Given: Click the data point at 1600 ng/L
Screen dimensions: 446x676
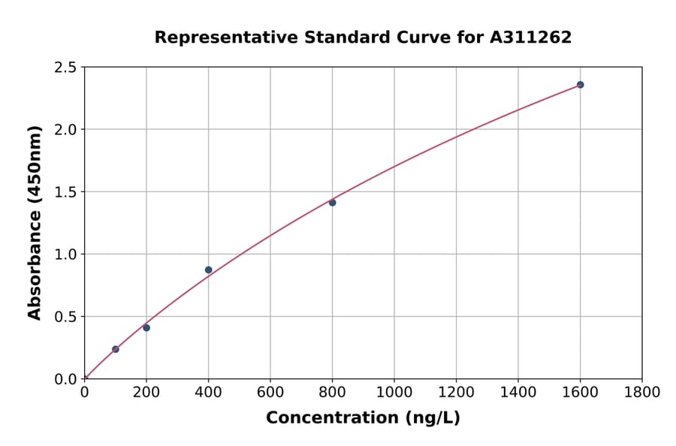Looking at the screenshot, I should [x=580, y=85].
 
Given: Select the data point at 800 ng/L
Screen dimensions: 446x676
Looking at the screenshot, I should [x=332, y=203].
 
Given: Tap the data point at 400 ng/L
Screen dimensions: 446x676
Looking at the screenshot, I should [x=208, y=270].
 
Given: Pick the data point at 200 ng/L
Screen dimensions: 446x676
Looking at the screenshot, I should [x=146, y=328].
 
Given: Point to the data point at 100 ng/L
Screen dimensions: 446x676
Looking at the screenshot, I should [x=116, y=349].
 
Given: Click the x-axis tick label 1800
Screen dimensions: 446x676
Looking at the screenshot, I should [x=642, y=392].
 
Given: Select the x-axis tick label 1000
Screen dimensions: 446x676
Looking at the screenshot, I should [x=394, y=392].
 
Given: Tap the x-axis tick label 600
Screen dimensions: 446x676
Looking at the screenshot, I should [x=270, y=392].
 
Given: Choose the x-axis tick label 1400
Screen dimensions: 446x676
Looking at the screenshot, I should [x=518, y=392].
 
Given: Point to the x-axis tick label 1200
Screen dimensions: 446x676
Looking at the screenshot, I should [x=456, y=392].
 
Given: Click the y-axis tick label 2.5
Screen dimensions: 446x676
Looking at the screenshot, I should [x=66, y=68].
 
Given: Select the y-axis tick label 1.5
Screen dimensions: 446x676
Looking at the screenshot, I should [x=66, y=192].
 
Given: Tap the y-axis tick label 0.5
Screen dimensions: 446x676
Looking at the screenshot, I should [x=66, y=317].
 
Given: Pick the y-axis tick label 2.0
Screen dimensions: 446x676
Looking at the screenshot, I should [x=66, y=130].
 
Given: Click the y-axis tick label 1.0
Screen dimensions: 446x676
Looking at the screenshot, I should [x=66, y=255].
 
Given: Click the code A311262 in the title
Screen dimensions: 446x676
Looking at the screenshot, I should [x=530, y=38].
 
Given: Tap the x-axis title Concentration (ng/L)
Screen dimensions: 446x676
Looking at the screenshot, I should [x=363, y=417].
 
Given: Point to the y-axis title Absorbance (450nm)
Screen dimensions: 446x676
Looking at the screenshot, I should [x=35, y=222].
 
